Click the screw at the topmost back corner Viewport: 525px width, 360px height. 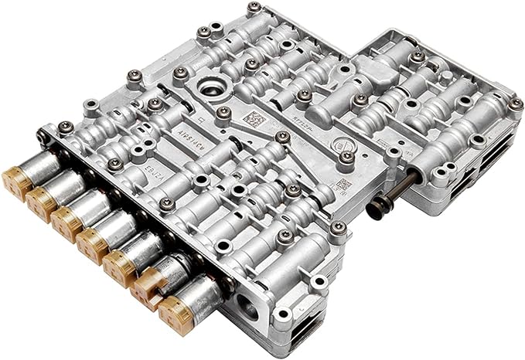click(254, 9)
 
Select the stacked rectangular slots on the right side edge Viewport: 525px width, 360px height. click(503, 155)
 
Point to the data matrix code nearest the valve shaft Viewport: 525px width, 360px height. click(340, 185)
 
